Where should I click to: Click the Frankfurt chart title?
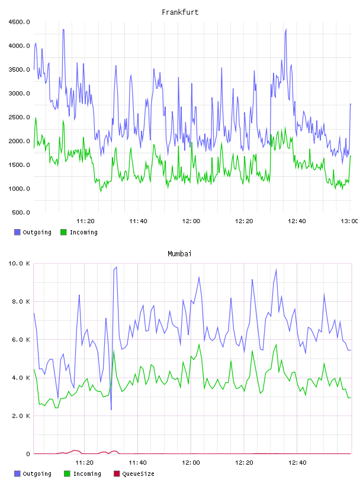coord(180,12)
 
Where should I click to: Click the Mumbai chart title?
coord(179,254)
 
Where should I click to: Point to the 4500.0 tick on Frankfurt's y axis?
coord(19,22)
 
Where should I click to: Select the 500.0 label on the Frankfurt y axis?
coord(21,212)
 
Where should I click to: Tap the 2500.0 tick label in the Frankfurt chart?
coord(19,117)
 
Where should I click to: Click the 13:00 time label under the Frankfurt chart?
coord(349,221)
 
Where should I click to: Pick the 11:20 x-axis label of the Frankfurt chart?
coord(85,221)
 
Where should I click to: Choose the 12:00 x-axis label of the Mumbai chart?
coord(191,462)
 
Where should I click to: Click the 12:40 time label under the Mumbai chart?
coord(297,462)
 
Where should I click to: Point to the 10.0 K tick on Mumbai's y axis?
coord(19,263)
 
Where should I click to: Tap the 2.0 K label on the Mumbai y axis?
coord(21,416)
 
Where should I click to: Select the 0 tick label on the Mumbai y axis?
coord(28,454)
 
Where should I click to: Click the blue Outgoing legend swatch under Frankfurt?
coord(17,232)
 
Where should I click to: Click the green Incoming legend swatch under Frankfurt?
coord(63,232)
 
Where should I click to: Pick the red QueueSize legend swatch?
coord(117,474)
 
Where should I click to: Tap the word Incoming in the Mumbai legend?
coord(87,474)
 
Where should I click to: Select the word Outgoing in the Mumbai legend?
coord(37,474)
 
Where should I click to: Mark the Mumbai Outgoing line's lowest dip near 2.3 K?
coord(111,410)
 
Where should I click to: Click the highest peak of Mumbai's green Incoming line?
coord(199,344)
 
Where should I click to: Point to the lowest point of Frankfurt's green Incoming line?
coord(101,192)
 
